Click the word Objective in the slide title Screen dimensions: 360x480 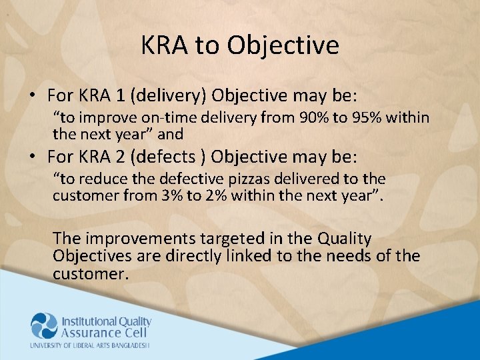pyautogui.click(x=283, y=45)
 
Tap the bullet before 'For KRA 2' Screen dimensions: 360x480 pyautogui.click(x=32, y=157)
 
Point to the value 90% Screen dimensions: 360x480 pyautogui.click(x=313, y=119)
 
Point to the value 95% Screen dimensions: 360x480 pyautogui.click(x=367, y=119)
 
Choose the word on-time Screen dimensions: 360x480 pyautogui.click(x=173, y=119)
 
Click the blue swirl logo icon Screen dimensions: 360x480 pyautogui.click(x=44, y=325)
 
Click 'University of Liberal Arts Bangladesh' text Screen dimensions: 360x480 pyautogui.click(x=89, y=345)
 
